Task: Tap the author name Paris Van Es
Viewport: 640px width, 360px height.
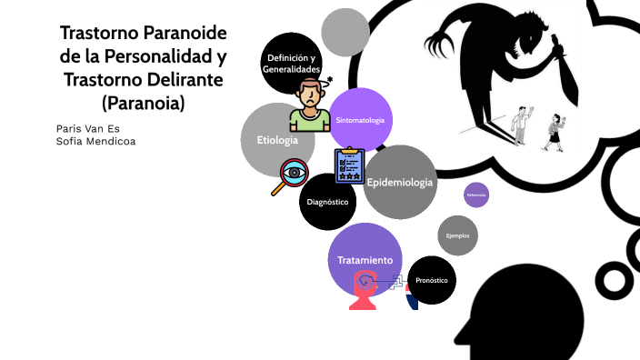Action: coord(87,128)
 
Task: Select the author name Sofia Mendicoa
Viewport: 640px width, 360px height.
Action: coord(95,142)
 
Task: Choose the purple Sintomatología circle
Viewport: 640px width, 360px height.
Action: coord(361,120)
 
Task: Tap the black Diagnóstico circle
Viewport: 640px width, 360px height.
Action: coord(327,201)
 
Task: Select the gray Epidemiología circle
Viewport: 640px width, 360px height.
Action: coord(401,183)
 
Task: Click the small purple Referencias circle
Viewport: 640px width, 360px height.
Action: coord(476,195)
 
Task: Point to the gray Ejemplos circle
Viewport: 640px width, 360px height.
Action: coord(457,235)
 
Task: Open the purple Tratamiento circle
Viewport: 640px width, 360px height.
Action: coord(365,259)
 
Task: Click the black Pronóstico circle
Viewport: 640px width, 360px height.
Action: coord(432,280)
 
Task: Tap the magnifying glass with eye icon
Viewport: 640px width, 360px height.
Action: coord(292,176)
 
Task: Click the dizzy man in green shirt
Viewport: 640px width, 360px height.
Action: coord(310,105)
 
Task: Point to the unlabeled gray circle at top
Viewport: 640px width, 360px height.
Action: coord(345,32)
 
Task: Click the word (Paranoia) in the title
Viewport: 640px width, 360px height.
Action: coord(144,104)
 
